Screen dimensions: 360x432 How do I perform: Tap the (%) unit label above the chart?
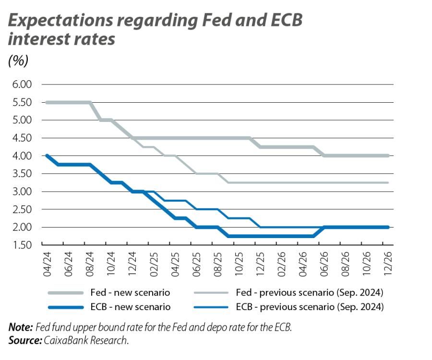click(x=18, y=61)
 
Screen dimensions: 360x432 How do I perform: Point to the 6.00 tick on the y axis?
click(x=20, y=84)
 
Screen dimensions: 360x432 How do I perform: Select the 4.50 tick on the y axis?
click(x=20, y=138)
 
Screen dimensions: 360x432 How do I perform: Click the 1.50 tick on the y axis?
click(x=20, y=245)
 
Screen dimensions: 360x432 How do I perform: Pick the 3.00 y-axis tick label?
click(x=20, y=192)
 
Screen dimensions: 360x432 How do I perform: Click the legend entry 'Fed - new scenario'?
click(x=130, y=292)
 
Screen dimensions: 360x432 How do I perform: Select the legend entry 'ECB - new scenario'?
click(x=130, y=307)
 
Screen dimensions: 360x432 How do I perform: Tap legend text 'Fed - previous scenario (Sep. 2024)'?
click(x=310, y=292)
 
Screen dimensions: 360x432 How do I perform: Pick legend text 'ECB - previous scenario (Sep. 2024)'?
click(x=310, y=307)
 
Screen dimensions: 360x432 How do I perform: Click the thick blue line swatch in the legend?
click(x=64, y=307)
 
